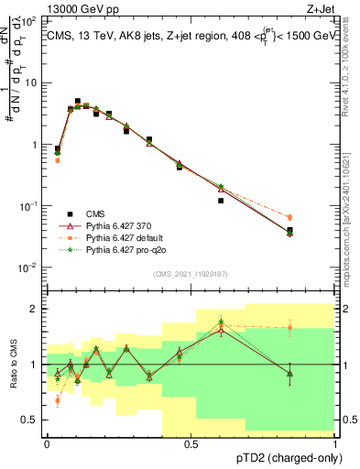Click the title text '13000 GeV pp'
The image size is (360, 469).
(80, 9)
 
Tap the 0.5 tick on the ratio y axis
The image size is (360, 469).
(33, 420)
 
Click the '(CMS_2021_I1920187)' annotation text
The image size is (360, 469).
(191, 274)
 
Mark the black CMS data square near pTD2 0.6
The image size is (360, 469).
(221, 201)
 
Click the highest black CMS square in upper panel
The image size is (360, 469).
(78, 102)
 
